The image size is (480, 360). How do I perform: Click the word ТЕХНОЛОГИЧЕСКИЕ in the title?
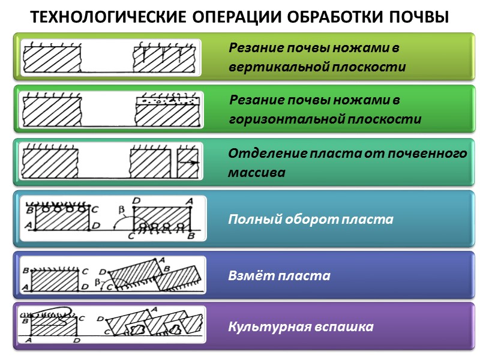[x=109, y=17]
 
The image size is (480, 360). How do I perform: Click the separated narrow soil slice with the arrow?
[x=187, y=162]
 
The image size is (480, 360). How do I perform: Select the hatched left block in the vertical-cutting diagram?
[x=51, y=60]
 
